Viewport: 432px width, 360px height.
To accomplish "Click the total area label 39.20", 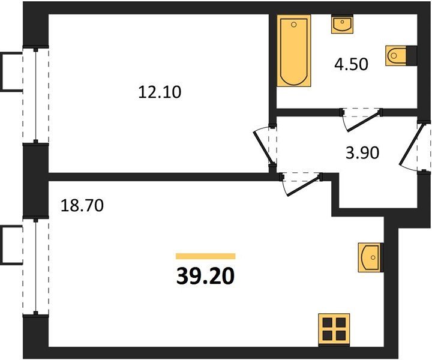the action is [x=205, y=276].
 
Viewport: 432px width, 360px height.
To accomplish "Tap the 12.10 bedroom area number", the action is [x=160, y=92].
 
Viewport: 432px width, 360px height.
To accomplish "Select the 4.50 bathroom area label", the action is [x=351, y=64].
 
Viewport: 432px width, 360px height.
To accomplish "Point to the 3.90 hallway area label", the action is [x=362, y=153].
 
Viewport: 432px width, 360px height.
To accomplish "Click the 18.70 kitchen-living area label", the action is [x=82, y=205].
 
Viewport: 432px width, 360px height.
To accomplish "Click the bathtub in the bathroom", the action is [x=294, y=50].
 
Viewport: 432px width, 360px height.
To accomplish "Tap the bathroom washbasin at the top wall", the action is [x=342, y=24].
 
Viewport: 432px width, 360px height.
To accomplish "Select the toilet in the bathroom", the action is [x=396, y=56].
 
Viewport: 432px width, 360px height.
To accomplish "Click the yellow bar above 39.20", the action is [x=206, y=256].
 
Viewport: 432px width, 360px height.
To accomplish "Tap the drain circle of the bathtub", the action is [x=293, y=25].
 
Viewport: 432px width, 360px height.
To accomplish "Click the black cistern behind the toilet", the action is [x=412, y=56].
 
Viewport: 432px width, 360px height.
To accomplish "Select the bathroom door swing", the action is [x=362, y=121].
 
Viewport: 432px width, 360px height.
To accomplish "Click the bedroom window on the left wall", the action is [x=36, y=96].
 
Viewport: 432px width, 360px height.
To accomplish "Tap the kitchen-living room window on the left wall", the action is [x=36, y=266].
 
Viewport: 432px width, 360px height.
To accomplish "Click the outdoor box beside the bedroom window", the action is [x=11, y=71].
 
